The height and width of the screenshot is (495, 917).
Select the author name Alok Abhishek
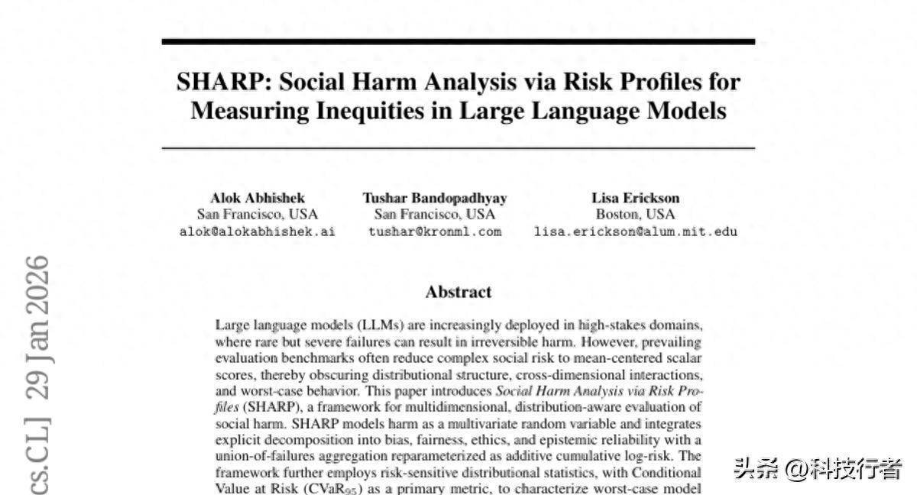(258, 198)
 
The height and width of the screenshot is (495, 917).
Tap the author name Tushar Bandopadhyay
(434, 198)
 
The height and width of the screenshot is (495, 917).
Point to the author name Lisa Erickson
(635, 198)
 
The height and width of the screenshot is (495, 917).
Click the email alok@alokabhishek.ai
(258, 231)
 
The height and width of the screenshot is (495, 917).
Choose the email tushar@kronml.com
(434, 231)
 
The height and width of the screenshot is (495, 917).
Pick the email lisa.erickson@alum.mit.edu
(635, 231)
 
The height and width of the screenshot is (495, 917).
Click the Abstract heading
(458, 292)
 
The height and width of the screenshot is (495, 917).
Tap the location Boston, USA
(635, 215)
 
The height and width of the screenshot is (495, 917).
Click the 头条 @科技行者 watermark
(818, 468)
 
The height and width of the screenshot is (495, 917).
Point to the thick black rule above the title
(458, 41)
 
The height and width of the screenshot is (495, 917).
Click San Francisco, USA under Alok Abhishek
(258, 215)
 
